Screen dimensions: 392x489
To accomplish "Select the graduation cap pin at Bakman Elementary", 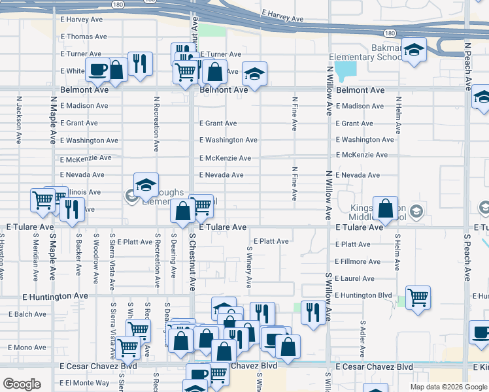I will [414, 51].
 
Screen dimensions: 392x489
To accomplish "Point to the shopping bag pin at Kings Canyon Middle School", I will [386, 209].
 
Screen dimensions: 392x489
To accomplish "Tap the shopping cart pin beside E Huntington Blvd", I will [418, 298].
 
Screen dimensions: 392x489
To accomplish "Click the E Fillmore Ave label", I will [358, 261].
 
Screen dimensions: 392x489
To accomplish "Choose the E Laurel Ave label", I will [354, 278].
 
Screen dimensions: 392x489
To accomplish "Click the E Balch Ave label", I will [27, 314].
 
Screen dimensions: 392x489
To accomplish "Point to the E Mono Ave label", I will [27, 348].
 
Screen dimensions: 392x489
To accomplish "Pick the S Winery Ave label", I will [249, 267].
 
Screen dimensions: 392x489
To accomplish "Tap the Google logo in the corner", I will [21, 384].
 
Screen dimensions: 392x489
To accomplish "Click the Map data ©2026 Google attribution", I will [448, 387].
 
